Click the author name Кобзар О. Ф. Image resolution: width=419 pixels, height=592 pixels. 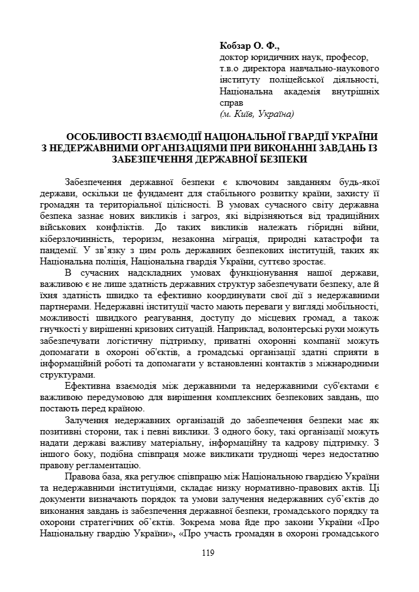tap(250, 46)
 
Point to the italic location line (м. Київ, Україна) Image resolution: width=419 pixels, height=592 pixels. tap(257, 114)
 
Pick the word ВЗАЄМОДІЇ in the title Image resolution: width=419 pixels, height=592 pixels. tap(188, 136)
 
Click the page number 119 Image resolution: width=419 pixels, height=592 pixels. tap(208, 551)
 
